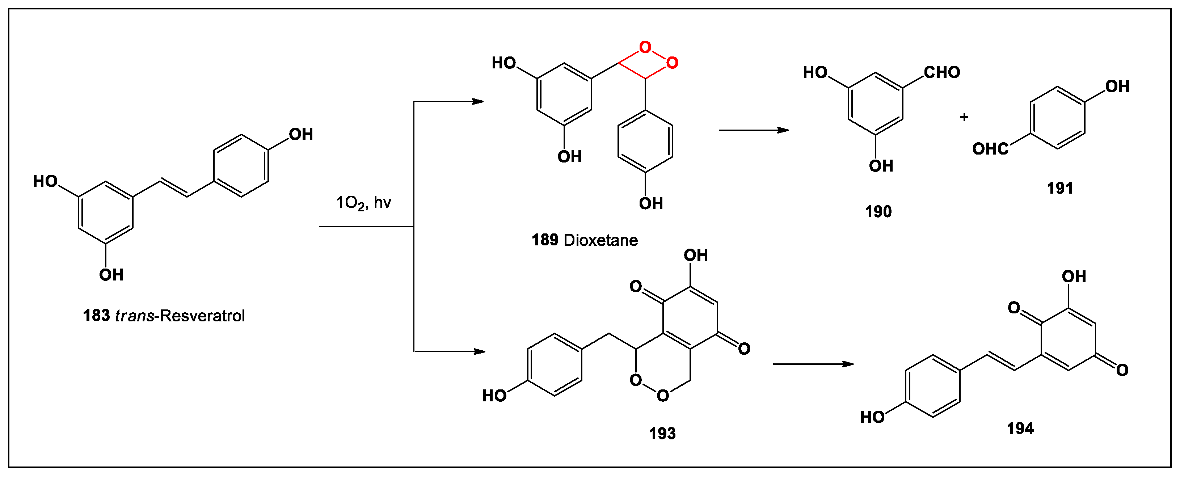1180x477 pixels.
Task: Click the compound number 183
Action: click(x=96, y=316)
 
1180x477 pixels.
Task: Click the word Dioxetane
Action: click(x=600, y=240)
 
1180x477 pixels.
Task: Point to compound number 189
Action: click(x=545, y=240)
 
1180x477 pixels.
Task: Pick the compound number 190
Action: click(x=878, y=212)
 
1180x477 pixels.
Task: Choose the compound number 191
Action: click(x=1060, y=188)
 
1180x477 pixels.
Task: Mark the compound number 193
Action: click(x=662, y=434)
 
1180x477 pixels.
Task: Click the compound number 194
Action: click(x=1020, y=429)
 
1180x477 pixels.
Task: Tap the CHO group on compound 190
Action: click(x=941, y=72)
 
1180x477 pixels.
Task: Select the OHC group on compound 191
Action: click(x=990, y=149)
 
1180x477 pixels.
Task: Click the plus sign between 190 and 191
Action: click(x=964, y=117)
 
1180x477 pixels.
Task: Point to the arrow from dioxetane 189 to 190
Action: click(x=754, y=131)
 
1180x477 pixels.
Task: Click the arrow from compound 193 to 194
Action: click(x=813, y=364)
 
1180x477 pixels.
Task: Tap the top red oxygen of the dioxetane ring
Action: click(x=645, y=47)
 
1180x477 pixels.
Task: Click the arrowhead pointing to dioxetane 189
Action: click(x=478, y=102)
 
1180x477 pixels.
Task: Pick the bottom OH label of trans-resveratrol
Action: click(x=111, y=275)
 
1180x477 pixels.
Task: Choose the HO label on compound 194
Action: click(x=872, y=417)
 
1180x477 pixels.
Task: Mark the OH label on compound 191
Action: click(x=1117, y=86)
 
